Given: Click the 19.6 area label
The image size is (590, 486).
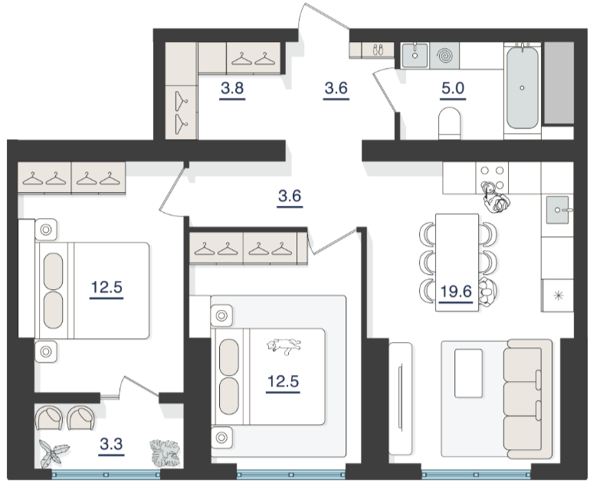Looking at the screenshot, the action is pos(456,292).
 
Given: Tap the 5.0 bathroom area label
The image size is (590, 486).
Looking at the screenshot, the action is pos(453,88).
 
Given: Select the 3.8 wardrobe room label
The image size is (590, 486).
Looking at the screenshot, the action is pos(232,88).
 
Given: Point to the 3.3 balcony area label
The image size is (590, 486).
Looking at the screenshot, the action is pos(111,444).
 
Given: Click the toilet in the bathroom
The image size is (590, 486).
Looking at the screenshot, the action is pos(449,123).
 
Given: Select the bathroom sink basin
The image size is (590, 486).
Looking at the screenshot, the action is pos(415,55).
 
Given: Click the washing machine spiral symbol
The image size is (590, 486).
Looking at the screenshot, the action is pos(444,55).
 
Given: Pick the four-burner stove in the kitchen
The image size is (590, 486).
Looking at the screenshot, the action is pos(492,178).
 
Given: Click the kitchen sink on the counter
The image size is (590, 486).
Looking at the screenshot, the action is pos(557,210).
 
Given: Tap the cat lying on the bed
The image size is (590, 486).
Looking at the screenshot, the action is pos(284,346).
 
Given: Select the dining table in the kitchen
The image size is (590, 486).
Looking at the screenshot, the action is pos(457,263).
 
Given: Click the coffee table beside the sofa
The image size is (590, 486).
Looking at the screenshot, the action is pos(468,373).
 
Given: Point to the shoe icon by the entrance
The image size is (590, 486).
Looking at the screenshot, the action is pos(378,50).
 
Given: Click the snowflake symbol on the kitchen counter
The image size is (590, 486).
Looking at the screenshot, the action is pos(558,295).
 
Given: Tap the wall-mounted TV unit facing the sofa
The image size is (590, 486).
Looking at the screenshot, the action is pos(400,398).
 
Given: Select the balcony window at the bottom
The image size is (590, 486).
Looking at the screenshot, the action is pos(106,475).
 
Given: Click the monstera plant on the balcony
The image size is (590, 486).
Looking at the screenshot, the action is pos(165,452).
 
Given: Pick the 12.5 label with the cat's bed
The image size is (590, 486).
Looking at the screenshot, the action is pos(283,381).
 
